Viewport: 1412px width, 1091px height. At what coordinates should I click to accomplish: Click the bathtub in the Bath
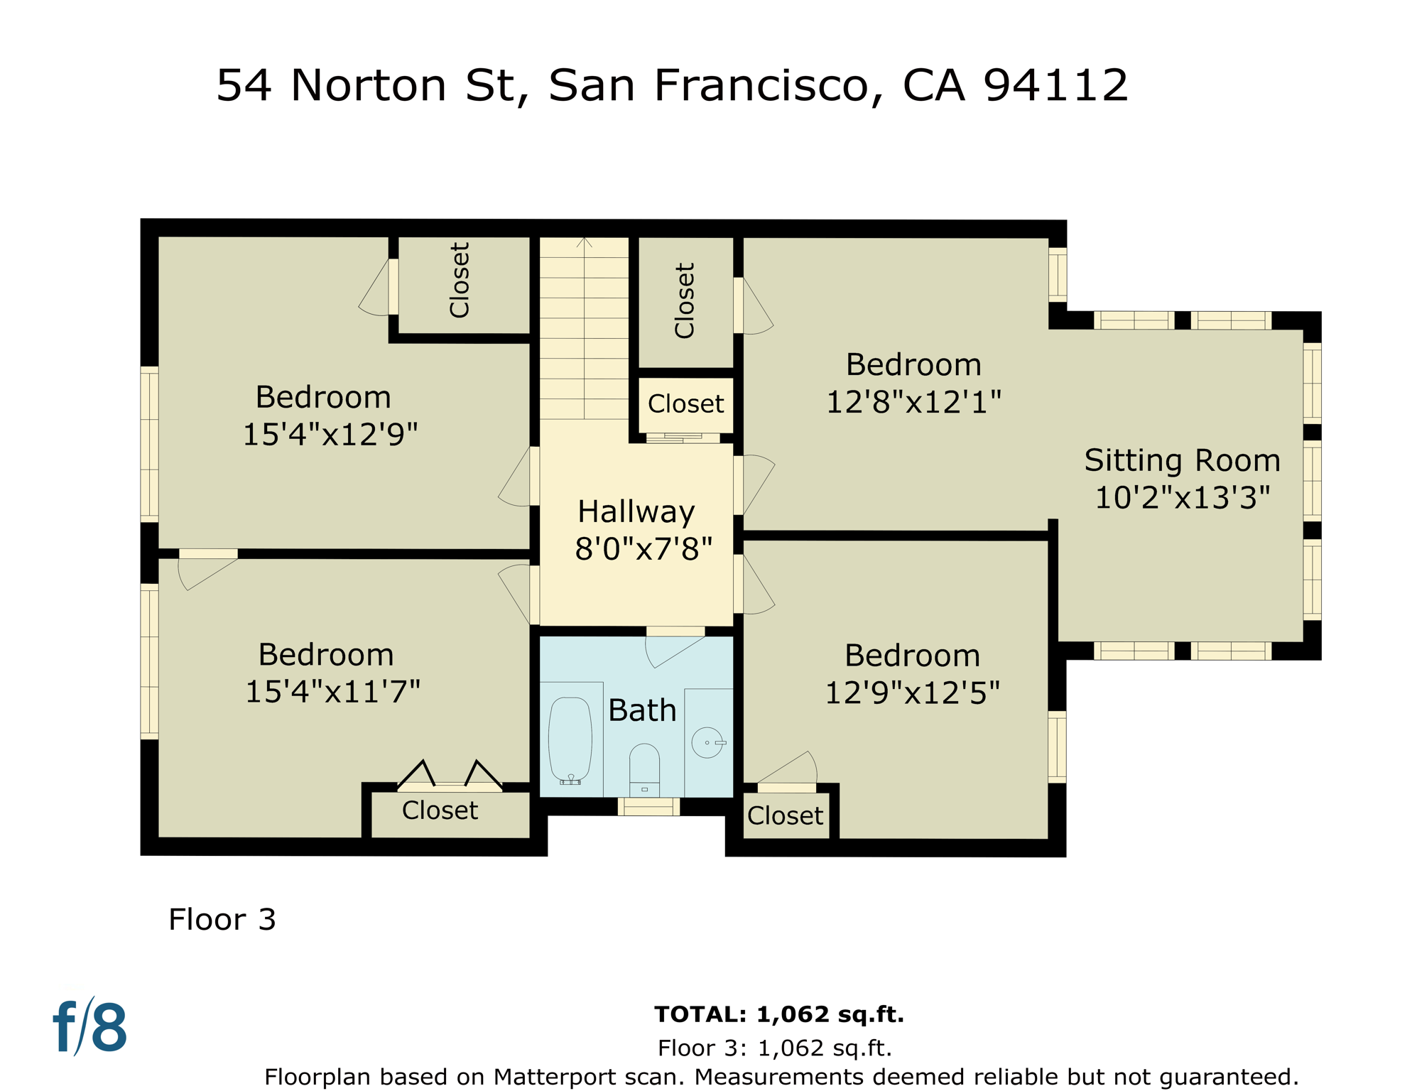coord(570,740)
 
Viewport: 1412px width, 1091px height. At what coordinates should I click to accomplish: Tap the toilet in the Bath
coord(644,769)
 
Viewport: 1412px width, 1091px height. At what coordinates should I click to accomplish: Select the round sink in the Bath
coord(707,743)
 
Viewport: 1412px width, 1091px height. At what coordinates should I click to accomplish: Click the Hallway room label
coord(636,511)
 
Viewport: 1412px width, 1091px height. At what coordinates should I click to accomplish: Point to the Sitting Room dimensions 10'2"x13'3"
coord(1182,497)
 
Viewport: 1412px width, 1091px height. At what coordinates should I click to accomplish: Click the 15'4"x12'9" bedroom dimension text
coord(330,434)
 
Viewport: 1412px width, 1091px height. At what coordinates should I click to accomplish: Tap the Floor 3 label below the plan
coord(222,920)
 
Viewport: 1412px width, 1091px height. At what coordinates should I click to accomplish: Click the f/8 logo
coord(90,1027)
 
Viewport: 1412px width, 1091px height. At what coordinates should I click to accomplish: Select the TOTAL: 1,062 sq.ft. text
coord(778,1014)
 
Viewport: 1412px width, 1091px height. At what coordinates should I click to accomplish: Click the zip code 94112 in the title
coord(1055,85)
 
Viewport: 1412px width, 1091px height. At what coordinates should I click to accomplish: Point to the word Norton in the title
coord(369,85)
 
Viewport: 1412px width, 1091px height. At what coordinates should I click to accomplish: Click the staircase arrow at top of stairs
coord(584,243)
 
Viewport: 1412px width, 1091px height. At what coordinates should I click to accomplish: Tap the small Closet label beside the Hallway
coord(685,404)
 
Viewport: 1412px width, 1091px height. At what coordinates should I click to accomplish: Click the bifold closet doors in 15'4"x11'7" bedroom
coord(450,776)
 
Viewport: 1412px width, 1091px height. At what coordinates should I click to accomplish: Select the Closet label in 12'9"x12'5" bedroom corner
coord(785,816)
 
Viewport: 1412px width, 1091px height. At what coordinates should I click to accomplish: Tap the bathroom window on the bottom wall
coord(648,806)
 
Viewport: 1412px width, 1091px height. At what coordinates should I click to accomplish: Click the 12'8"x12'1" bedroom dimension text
coord(913,402)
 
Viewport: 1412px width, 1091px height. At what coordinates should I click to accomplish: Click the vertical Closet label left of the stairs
coord(460,280)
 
